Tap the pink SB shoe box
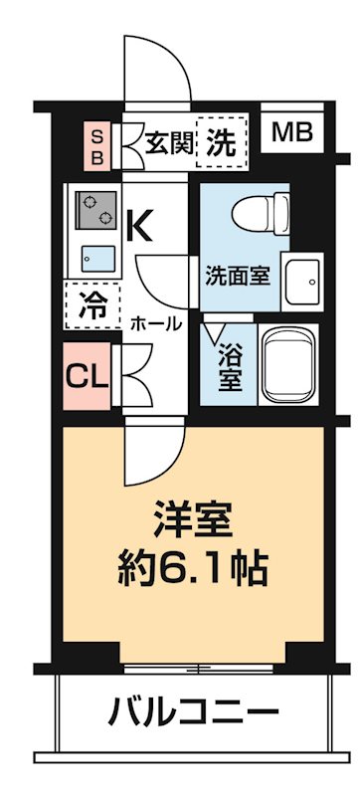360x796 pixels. click(97, 145)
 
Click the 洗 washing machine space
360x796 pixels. click(222, 143)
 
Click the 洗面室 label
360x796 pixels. click(238, 275)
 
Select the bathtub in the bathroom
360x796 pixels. click(291, 360)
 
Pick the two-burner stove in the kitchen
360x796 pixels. click(93, 208)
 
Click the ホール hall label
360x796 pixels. click(155, 323)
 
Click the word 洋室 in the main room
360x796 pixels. click(193, 520)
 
